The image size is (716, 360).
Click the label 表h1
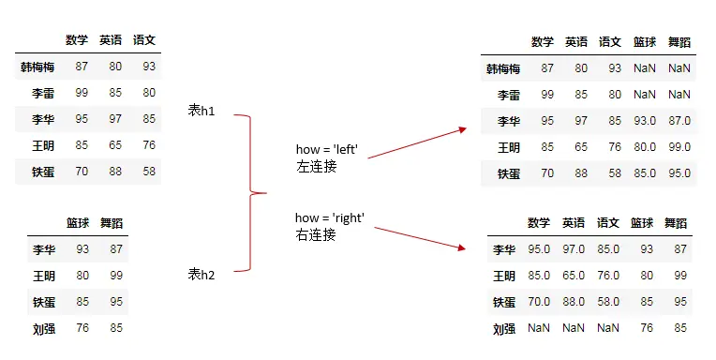201,112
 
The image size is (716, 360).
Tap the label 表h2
201,274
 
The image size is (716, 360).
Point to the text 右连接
316,235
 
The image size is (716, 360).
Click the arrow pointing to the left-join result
418,142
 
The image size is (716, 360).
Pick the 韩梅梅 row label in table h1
37,67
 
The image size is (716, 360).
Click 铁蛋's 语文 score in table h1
149,172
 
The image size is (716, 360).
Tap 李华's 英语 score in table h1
115,120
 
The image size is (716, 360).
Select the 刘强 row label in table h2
42,328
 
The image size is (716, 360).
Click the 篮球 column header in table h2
78,223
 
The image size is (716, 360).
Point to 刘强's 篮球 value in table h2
82,328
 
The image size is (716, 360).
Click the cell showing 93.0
644,121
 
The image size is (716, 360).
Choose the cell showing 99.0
679,147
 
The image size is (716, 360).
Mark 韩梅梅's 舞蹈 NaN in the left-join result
679,68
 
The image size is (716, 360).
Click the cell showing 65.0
574,277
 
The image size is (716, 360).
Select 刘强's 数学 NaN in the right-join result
539,329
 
